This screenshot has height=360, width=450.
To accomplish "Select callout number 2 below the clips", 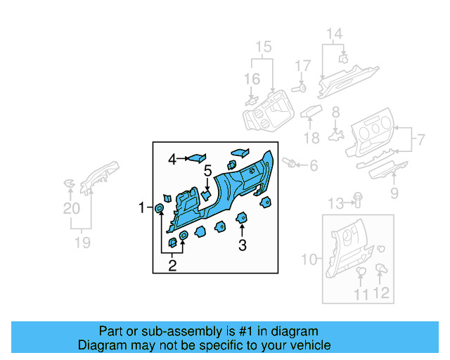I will coord(172,265).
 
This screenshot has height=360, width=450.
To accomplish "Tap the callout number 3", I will coord(242,245).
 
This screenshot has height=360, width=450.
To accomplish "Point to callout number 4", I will coord(172,160).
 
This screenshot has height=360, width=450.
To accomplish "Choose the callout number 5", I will coord(208,170).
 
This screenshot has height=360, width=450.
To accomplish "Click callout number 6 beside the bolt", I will coord(314,166).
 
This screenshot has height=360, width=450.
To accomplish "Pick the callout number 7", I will coord(420,139).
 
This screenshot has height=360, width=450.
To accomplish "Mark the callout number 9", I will coord(394,193).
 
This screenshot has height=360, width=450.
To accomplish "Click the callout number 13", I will coord(336,204).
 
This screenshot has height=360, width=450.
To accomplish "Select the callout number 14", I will coord(334,34).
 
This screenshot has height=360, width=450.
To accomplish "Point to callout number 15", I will coord(263,47).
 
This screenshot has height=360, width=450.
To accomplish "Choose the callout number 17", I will coord(302,66).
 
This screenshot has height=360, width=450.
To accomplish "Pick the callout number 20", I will coord(71,208).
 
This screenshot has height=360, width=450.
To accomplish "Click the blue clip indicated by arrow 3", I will coord(242,217).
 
